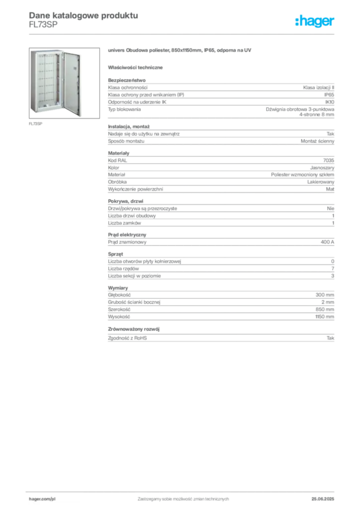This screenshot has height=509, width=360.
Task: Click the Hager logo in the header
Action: [x=314, y=21]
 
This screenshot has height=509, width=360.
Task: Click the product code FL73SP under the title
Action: [x=43, y=24]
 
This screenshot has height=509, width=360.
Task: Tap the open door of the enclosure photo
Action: [x=72, y=84]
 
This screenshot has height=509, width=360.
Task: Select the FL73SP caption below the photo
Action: [x=35, y=124]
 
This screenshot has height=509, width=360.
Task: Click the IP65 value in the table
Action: [x=329, y=95]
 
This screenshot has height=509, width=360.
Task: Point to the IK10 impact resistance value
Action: [x=330, y=102]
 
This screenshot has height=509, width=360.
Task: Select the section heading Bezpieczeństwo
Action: [x=127, y=80]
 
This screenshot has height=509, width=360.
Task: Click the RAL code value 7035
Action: [x=329, y=161]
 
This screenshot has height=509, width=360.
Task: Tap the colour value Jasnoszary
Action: [x=322, y=168]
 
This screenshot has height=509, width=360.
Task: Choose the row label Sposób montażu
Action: [x=126, y=141]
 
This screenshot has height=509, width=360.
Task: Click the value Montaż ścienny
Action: [x=317, y=141]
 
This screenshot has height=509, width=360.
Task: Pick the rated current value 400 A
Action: [x=327, y=242]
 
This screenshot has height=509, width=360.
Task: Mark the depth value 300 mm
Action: [x=325, y=295]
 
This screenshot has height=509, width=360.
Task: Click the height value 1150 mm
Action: [x=325, y=317]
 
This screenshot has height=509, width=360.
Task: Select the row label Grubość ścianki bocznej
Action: [x=134, y=302]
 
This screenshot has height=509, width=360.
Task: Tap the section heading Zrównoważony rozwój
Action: [x=134, y=329]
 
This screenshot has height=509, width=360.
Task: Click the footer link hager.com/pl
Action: [x=42, y=499]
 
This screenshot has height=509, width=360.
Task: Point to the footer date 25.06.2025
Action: [x=323, y=499]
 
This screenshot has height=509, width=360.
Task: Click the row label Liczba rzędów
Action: [x=123, y=269]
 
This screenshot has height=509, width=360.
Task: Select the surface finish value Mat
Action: [x=330, y=189]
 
